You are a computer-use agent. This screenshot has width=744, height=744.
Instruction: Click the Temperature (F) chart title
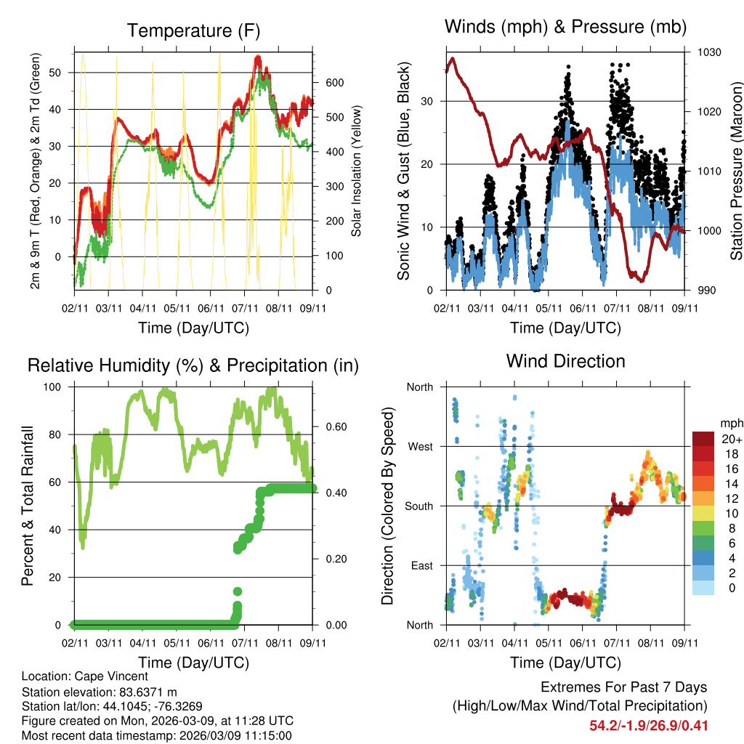pyautogui.click(x=193, y=31)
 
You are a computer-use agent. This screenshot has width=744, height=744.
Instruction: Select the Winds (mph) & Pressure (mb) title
pyautogui.click(x=565, y=28)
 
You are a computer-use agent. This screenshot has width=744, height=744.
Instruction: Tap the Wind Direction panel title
pyautogui.click(x=565, y=361)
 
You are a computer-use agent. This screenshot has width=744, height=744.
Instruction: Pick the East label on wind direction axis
pyautogui.click(x=420, y=565)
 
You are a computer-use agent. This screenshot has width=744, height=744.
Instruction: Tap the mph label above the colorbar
pyautogui.click(x=729, y=423)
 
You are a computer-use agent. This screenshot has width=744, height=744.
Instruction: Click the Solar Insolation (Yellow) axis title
pyautogui.click(x=357, y=171)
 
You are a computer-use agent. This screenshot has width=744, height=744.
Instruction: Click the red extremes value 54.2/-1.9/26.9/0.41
pyautogui.click(x=649, y=726)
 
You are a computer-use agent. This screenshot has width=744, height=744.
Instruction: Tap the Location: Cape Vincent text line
pyautogui.click(x=85, y=677)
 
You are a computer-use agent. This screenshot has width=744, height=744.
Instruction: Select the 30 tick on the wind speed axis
pyautogui.click(x=428, y=101)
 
